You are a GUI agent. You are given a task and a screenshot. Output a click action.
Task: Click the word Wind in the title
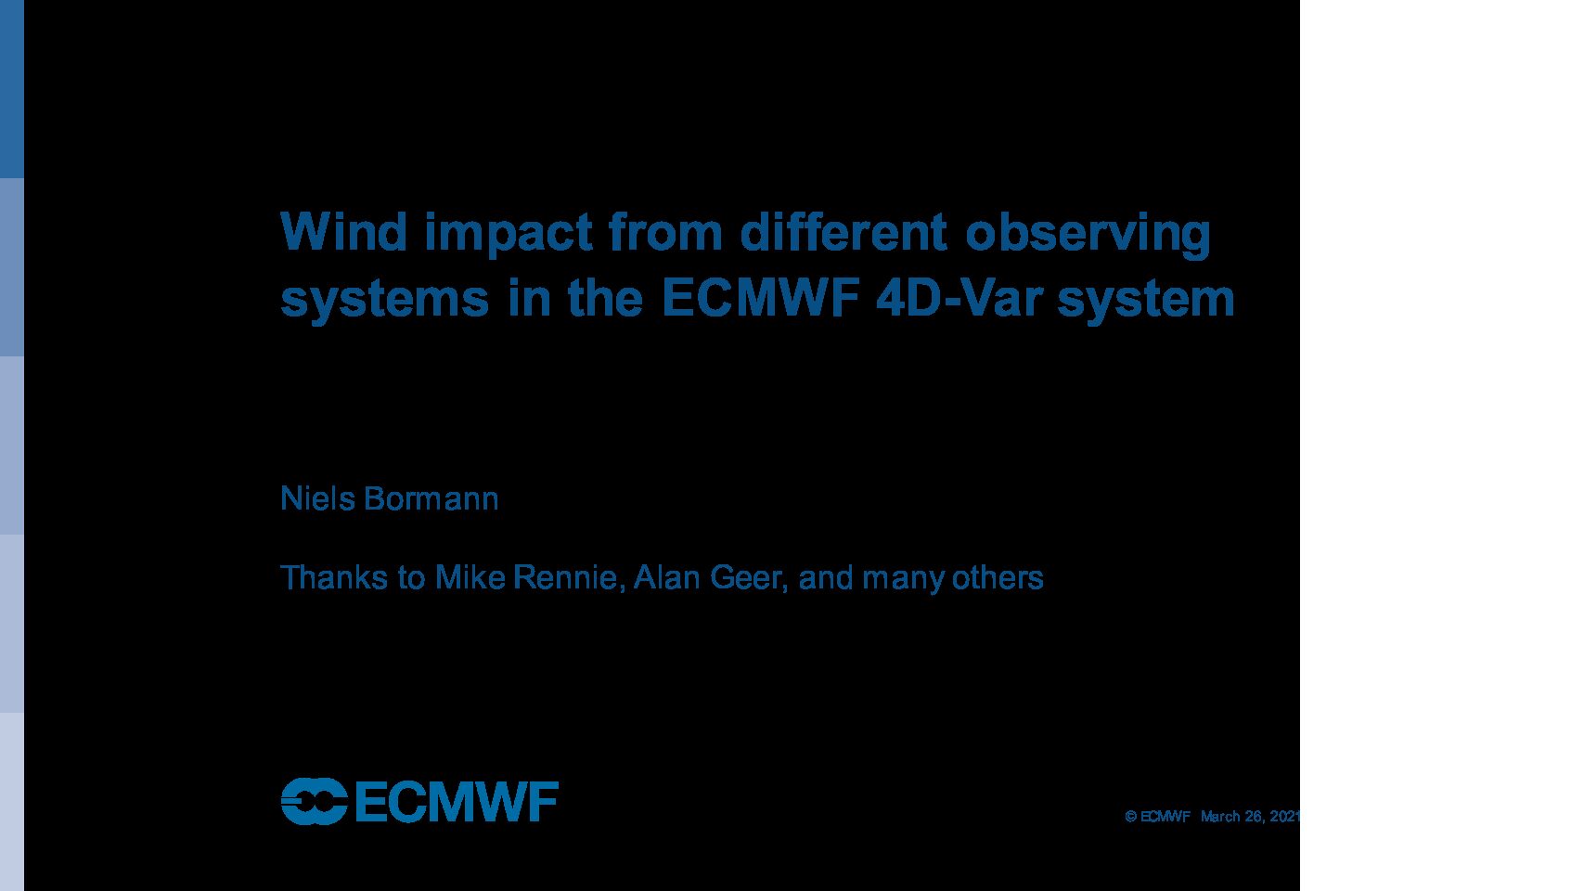(x=343, y=231)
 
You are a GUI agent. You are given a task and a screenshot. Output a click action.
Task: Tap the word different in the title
(x=843, y=231)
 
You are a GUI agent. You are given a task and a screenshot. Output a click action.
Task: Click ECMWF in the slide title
(x=760, y=298)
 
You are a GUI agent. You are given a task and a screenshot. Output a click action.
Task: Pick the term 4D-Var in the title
(x=959, y=298)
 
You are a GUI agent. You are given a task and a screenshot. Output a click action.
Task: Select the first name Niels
(x=317, y=498)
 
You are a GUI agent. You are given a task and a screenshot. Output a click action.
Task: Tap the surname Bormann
(x=431, y=498)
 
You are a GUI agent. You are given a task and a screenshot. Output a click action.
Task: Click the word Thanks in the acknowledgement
(x=334, y=577)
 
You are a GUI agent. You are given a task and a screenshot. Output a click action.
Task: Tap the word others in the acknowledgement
(x=998, y=577)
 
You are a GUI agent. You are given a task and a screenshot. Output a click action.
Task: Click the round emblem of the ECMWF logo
(x=314, y=801)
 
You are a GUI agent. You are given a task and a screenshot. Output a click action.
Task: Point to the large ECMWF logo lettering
(x=457, y=801)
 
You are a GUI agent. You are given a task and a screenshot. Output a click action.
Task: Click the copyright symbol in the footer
(x=1131, y=817)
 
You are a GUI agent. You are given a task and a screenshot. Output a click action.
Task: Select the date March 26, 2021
(x=1250, y=817)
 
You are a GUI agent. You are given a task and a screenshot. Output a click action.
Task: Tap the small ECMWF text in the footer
(x=1165, y=817)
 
